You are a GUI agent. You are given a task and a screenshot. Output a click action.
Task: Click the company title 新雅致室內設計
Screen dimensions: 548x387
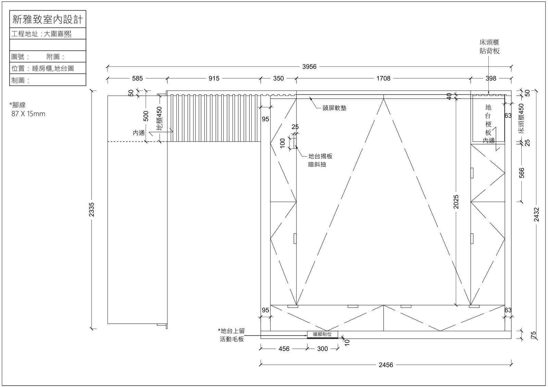pyautogui.click(x=48, y=19)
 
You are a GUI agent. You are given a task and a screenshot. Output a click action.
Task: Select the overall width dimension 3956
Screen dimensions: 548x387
pyautogui.click(x=309, y=66)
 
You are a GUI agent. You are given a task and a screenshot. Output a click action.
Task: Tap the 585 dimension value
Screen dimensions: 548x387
pyautogui.click(x=137, y=78)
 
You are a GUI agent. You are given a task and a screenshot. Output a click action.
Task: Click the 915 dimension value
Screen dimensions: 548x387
pyautogui.click(x=214, y=78)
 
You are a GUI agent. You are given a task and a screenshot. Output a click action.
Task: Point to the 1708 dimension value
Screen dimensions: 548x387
pyautogui.click(x=383, y=78)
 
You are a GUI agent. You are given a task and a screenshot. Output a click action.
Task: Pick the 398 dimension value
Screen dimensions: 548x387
pyautogui.click(x=491, y=78)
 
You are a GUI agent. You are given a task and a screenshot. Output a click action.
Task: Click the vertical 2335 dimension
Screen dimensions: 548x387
pyautogui.click(x=91, y=209)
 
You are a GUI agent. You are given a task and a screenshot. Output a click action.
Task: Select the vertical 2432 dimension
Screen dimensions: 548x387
pyautogui.click(x=536, y=214)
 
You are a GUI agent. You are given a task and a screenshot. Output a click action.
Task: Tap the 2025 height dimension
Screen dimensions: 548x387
pyautogui.click(x=456, y=202)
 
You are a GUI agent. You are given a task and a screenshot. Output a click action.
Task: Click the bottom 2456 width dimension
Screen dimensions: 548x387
pyautogui.click(x=386, y=365)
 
